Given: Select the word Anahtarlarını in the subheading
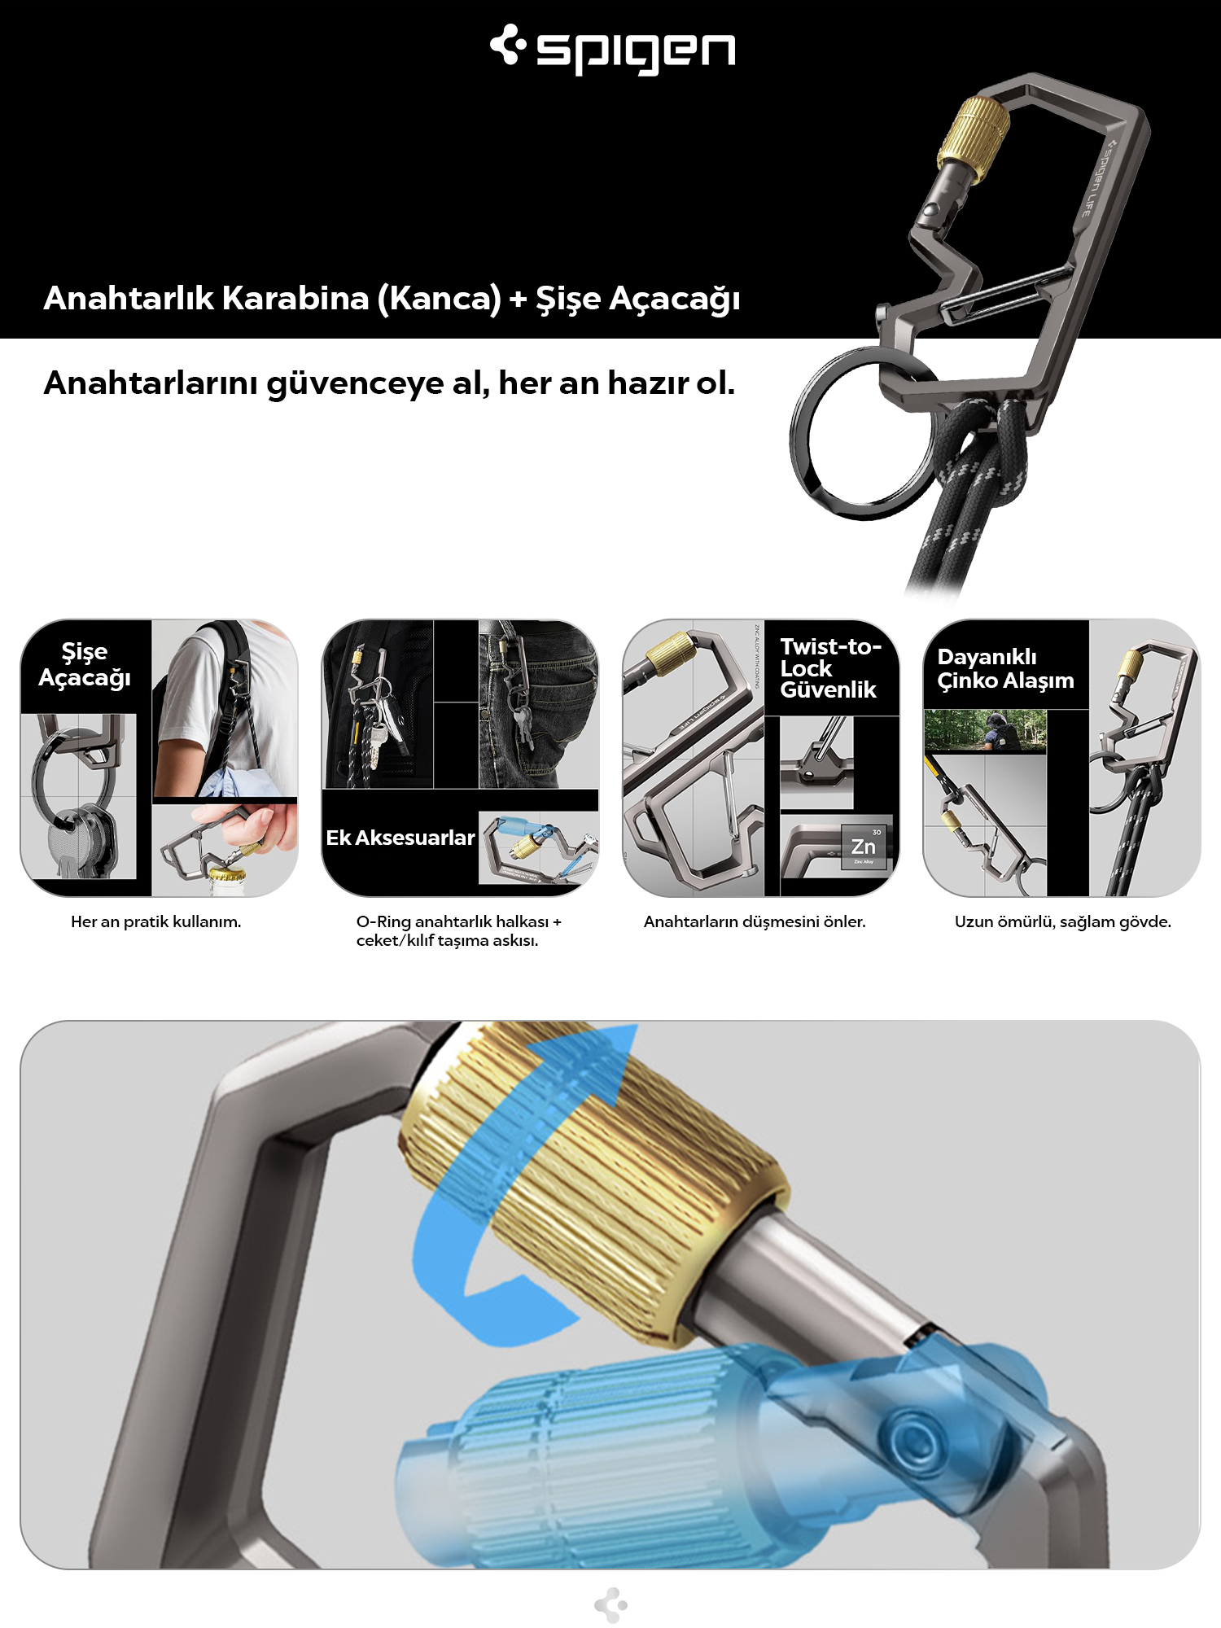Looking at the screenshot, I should click(x=152, y=383).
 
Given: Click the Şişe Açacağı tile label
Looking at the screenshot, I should click(x=85, y=665).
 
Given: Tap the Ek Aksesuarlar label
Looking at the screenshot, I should click(x=400, y=838).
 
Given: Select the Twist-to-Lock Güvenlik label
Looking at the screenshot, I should click(x=829, y=668).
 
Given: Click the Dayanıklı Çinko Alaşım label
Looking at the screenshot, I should click(x=1005, y=668).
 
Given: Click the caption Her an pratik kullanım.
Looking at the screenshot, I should click(x=155, y=921).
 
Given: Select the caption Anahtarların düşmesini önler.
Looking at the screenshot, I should click(x=755, y=921).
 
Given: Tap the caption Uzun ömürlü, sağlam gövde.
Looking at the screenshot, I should click(x=1062, y=921).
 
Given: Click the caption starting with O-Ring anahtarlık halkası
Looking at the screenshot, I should click(x=458, y=930).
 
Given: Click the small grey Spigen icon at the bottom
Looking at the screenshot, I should click(x=610, y=1604).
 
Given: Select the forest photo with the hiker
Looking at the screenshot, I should click(x=985, y=730).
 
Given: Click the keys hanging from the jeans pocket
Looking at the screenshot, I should click(x=521, y=724).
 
